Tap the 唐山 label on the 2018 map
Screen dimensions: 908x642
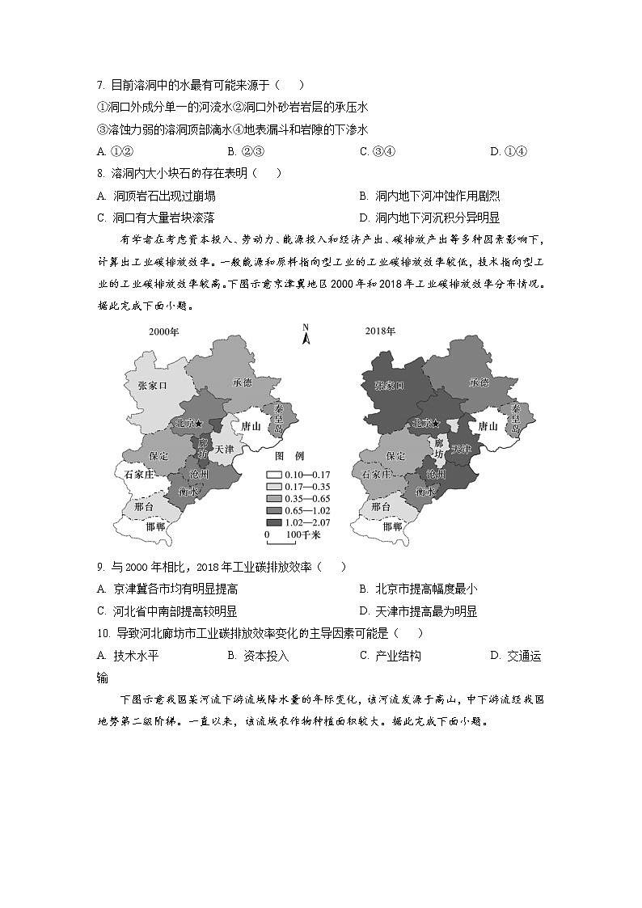point(488,426)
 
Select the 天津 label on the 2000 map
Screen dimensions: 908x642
point(224,448)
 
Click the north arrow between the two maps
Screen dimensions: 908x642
point(306,334)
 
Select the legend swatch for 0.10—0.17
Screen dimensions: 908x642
point(274,475)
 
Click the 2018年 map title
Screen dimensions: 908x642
point(379,332)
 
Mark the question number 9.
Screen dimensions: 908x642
point(99,568)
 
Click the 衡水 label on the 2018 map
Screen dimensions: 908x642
point(425,492)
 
